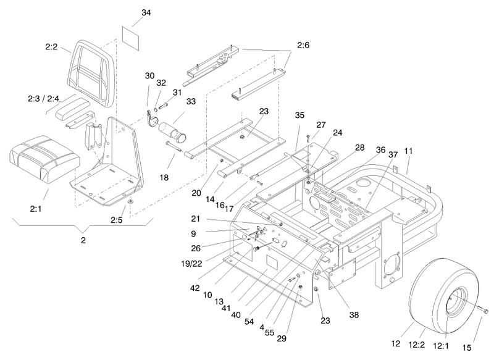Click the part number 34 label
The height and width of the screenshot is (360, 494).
coord(146,13)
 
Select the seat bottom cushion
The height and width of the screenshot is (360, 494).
coord(44,159)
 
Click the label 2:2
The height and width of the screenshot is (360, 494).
coord(51,47)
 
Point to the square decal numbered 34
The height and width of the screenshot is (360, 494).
coord(130,38)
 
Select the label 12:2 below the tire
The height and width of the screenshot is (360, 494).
coord(417,345)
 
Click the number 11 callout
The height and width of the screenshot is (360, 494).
coord(408,151)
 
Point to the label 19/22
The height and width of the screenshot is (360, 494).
coord(191,264)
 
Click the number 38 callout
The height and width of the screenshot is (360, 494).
coord(354,315)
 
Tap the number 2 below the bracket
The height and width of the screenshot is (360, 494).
coord(83,240)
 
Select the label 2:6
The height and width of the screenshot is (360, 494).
coord(303,45)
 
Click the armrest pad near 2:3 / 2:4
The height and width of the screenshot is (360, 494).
coord(73,108)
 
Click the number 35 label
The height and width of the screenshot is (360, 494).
coord(299,115)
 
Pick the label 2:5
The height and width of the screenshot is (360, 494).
coord(117,220)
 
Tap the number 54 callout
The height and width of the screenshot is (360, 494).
coord(249,321)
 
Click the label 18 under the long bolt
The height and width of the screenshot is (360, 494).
coord(164,178)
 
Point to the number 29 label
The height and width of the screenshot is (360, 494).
coord(282,338)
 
